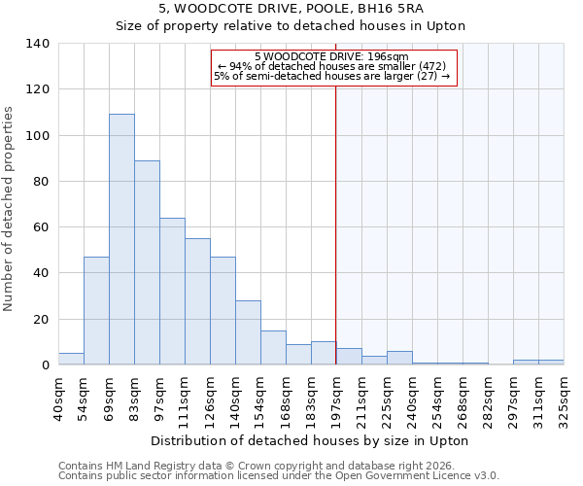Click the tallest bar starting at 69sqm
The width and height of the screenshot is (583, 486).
click(x=121, y=239)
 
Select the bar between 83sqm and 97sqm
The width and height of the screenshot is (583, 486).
click(x=147, y=262)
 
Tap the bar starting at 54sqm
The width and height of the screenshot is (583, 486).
click(x=96, y=311)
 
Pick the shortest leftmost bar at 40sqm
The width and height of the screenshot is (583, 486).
click(x=71, y=359)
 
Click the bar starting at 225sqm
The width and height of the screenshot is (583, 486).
click(x=399, y=358)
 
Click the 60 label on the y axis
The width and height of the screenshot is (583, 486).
click(x=42, y=227)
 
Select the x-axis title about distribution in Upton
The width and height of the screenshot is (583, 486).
click(x=311, y=441)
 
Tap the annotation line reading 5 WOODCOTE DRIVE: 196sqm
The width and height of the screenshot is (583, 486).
click(x=332, y=56)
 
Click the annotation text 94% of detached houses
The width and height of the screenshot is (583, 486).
click(x=332, y=66)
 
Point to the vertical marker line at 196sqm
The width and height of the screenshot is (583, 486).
click(x=336, y=224)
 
